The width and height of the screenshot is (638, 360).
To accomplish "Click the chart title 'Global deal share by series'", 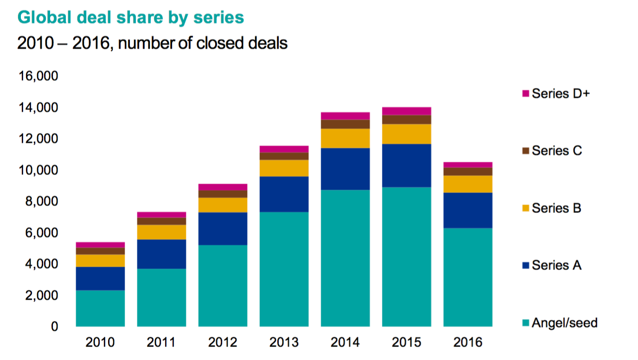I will click(x=130, y=17).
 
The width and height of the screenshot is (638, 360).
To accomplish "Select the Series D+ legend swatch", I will click(x=525, y=94).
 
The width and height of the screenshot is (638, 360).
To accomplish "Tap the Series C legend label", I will click(x=556, y=151).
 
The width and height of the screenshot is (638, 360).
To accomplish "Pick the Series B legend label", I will click(x=556, y=208).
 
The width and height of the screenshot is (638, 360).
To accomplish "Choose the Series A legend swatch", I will click(x=525, y=265).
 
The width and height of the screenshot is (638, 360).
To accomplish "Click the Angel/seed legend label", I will click(x=565, y=322).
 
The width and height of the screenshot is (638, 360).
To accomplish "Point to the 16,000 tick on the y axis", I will click(x=38, y=76).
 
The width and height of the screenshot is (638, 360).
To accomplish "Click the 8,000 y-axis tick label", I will click(x=42, y=202).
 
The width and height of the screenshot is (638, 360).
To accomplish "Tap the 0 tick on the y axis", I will click(x=54, y=327).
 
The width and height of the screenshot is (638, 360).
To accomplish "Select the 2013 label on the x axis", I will click(x=284, y=342).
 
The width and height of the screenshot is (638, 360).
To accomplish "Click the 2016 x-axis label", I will click(x=467, y=342).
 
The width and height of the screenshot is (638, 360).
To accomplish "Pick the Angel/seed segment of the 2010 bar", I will click(x=100, y=308).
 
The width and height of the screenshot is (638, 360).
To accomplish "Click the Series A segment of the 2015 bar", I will click(x=406, y=166).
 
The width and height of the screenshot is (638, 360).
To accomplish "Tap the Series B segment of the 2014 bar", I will click(x=345, y=138).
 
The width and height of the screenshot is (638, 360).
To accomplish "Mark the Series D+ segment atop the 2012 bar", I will click(x=223, y=187).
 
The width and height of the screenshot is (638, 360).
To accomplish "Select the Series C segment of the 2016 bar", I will click(x=467, y=171).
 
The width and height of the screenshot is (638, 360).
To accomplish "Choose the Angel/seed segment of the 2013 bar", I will click(x=284, y=269).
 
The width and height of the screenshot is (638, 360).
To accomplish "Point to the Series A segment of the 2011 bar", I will click(x=161, y=254).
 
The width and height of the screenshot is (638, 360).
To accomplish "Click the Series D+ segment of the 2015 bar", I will click(x=406, y=111).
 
